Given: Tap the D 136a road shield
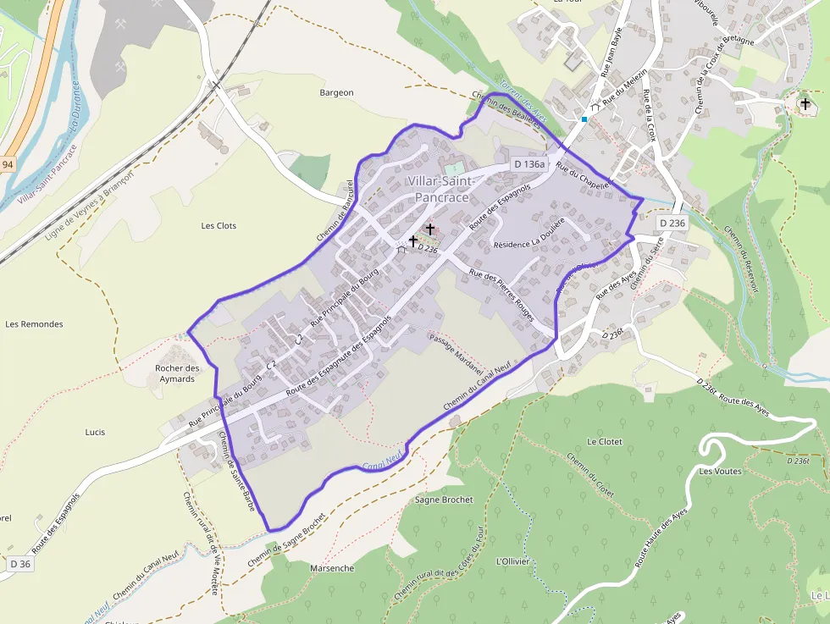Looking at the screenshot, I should [x=530, y=163].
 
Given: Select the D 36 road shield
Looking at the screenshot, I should [x=20, y=564].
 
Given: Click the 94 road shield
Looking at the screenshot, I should [x=8, y=164].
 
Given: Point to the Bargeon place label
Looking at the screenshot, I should [x=336, y=92].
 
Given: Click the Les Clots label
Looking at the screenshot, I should [x=219, y=226].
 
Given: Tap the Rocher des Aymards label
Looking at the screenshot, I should [x=177, y=373].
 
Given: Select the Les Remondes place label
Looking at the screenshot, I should [x=34, y=324].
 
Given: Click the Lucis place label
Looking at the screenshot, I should [x=95, y=432].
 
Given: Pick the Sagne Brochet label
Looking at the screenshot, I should [x=444, y=500].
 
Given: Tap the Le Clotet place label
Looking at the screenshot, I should [x=605, y=442].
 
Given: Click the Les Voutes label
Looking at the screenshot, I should [x=721, y=471].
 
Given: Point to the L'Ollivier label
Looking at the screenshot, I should [x=512, y=561].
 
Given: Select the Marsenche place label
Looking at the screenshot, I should [x=332, y=568].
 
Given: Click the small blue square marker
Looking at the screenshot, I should [x=584, y=119].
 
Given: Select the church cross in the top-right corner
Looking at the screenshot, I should [x=805, y=103].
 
